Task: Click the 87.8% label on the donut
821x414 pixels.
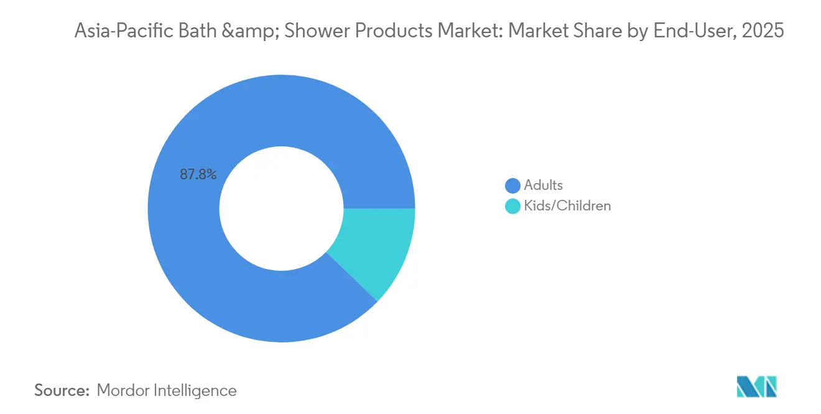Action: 198,175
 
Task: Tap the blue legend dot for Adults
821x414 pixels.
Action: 513,186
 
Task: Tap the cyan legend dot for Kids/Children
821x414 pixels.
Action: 513,206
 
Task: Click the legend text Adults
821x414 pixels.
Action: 543,185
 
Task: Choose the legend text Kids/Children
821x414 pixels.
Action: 567,205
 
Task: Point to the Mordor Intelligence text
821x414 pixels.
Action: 167,390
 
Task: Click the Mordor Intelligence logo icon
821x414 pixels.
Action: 756,387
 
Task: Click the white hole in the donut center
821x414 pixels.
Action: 281,209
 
